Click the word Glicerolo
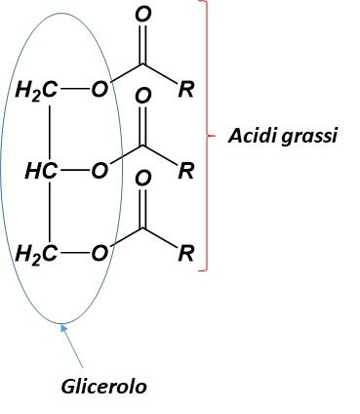coord(103,387)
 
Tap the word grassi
coord(308,138)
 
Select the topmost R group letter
coord(186,89)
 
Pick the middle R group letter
coord(186,171)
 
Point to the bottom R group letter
coord(186,253)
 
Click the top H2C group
coord(37,90)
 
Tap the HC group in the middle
coord(42,171)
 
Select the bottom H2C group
coord(37,254)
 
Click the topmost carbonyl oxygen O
coord(143,14)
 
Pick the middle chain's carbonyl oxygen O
coord(143,96)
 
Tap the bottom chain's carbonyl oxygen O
coord(143,178)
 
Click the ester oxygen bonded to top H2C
coord(100,89)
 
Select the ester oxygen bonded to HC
coord(100,171)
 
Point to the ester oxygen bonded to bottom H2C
coord(100,253)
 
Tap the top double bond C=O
coord(142,44)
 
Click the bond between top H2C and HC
coord(50,133)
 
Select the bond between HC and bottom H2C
coord(50,212)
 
